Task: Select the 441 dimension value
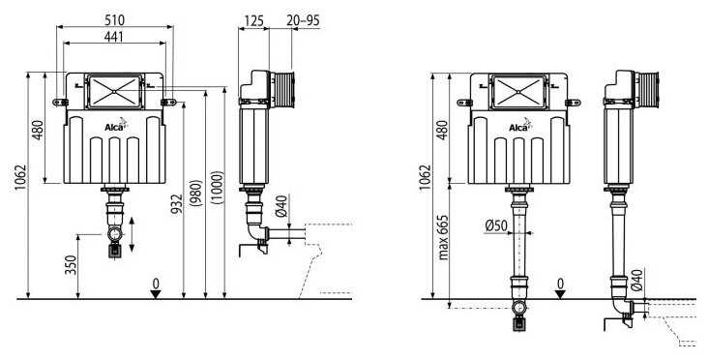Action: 114,35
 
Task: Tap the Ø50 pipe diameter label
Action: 497,226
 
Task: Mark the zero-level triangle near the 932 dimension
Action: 156,293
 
